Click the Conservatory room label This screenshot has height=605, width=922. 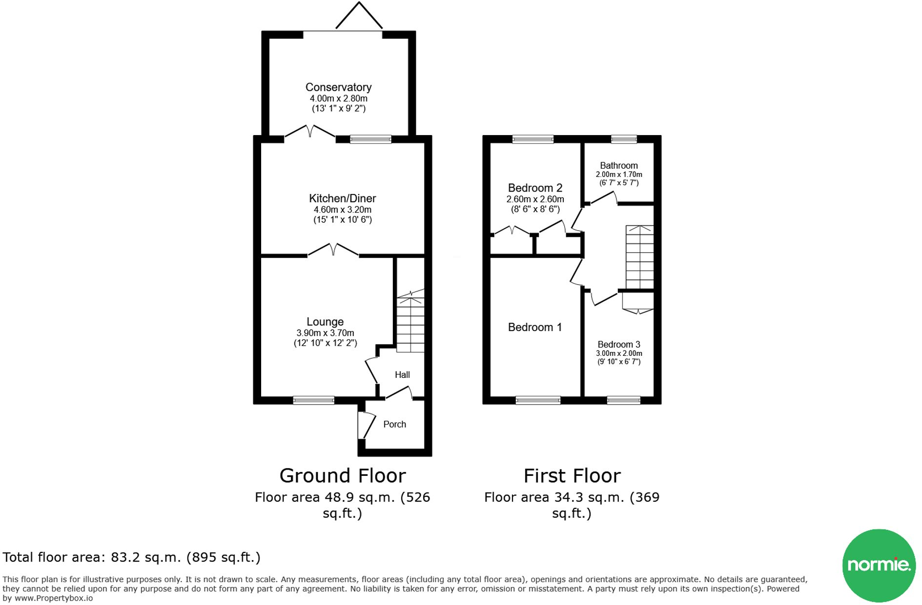tap(338, 87)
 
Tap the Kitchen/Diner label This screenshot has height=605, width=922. tap(342, 198)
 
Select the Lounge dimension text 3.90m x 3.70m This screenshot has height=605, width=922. tap(325, 333)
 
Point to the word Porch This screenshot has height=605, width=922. tap(394, 424)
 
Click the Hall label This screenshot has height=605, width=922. tap(402, 374)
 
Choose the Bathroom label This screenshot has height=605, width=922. tap(619, 166)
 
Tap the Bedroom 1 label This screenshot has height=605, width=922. tap(535, 327)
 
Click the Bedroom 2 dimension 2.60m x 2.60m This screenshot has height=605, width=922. tap(535, 199)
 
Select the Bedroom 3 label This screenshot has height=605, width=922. tap(619, 345)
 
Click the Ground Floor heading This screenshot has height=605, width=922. tap(343, 476)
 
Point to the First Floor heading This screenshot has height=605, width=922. tap(572, 476)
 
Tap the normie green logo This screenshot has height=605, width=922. tap(879, 566)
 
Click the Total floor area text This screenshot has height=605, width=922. tap(131, 557)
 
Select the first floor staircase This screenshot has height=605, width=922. tap(639, 257)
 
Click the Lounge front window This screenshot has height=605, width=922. tap(314, 401)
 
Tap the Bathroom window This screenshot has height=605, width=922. tap(624, 139)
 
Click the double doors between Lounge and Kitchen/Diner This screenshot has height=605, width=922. tap(333, 250)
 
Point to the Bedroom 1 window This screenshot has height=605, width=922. tap(538, 401)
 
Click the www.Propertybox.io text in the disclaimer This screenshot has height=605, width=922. tap(54, 598)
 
